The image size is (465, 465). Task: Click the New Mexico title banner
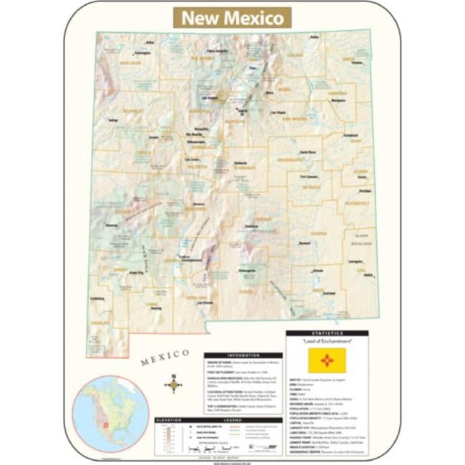pyautogui.click(x=232, y=18)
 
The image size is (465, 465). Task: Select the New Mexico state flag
pyautogui.click(x=327, y=360)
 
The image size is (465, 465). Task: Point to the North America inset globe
pyautogui.click(x=108, y=404)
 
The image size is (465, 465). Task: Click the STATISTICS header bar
pyautogui.click(x=328, y=333)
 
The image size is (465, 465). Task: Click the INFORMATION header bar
pyautogui.click(x=243, y=355)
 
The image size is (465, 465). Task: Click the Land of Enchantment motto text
pyautogui.click(x=327, y=342)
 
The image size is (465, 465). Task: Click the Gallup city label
pyautogui.click(x=113, y=120)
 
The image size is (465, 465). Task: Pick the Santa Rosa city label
pyautogui.click(x=308, y=152)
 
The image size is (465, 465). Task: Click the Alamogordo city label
pyautogui.click(x=246, y=271)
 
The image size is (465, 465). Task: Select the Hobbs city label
pyautogui.click(x=368, y=275)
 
